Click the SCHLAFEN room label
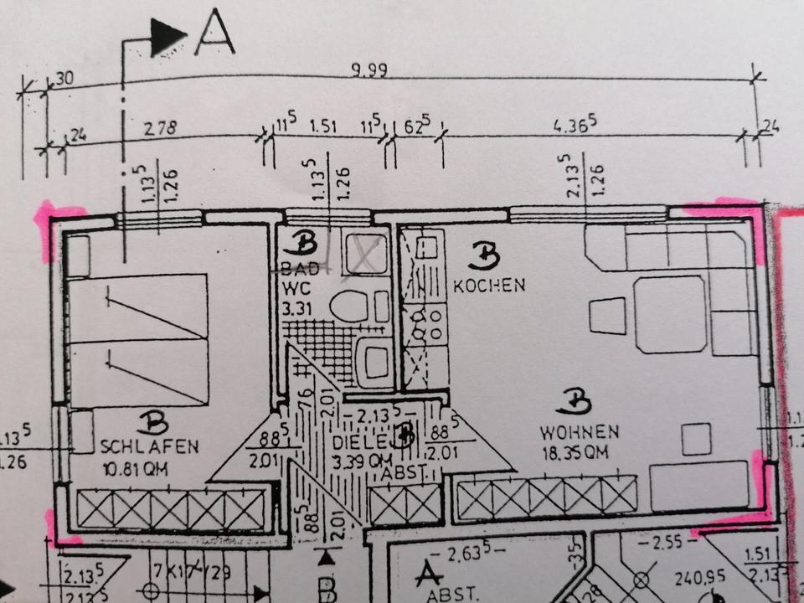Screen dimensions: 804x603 (x=149, y=446)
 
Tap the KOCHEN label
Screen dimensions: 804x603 (x=489, y=286)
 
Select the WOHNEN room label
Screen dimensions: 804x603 (x=579, y=433)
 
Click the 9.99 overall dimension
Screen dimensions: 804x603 (x=368, y=71)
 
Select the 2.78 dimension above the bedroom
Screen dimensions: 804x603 (x=161, y=129)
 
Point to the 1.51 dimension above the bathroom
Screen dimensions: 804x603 (x=323, y=127)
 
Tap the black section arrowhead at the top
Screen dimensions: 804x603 (x=167, y=39)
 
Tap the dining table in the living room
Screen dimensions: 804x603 (x=670, y=313)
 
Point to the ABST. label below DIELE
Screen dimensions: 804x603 (x=405, y=474)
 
